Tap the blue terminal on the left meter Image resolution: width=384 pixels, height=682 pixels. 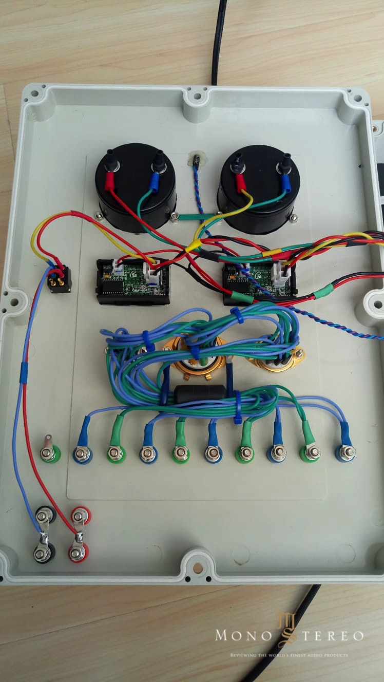tap(153, 179)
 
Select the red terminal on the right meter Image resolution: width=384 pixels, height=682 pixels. tap(239, 182)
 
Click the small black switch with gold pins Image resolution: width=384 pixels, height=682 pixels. tap(59, 280)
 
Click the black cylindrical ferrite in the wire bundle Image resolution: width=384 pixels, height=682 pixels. tap(200, 394)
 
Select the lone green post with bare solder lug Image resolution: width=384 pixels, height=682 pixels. tap(49, 453)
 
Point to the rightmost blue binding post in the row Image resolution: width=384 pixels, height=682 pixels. tap(347, 452)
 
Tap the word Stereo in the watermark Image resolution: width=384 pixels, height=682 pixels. tap(329, 636)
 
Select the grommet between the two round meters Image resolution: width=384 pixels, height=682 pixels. tap(196, 159)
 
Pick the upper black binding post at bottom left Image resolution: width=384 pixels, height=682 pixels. tap(45, 514)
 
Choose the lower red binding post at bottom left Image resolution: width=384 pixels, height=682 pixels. tap(78, 553)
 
